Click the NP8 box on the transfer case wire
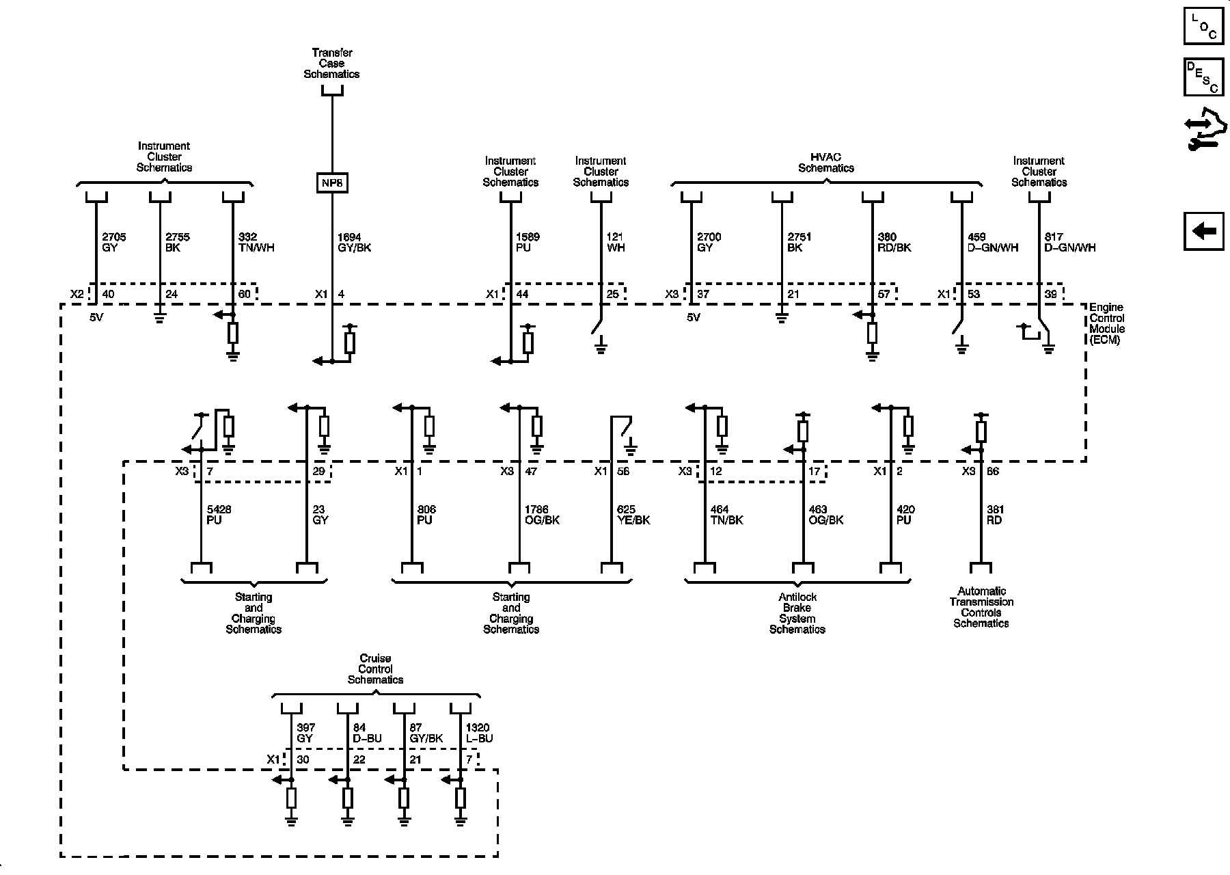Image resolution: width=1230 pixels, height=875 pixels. click(331, 183)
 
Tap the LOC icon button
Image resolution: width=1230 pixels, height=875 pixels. click(1203, 26)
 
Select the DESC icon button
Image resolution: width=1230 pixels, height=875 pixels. click(1203, 77)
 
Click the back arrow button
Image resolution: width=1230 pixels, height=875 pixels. click(1203, 231)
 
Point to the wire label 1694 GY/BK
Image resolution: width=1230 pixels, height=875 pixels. click(355, 243)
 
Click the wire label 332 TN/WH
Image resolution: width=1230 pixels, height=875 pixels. click(256, 243)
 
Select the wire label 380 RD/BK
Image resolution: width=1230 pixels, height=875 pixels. click(894, 243)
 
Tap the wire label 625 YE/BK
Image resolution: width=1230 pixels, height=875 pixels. click(633, 515)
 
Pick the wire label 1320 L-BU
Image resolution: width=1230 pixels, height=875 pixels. click(478, 733)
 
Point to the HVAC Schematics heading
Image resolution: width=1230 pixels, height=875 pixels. click(826, 163)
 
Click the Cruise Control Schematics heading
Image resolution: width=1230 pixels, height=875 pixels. click(375, 669)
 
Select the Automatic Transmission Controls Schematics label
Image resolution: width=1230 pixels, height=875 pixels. click(981, 607)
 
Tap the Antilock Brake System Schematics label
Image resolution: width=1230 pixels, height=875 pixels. click(797, 613)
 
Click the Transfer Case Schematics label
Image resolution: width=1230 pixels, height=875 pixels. click(331, 63)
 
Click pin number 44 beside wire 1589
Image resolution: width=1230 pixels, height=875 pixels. click(522, 295)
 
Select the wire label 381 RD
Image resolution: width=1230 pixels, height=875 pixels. click(996, 515)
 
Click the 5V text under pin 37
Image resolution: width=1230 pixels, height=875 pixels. click(694, 318)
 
